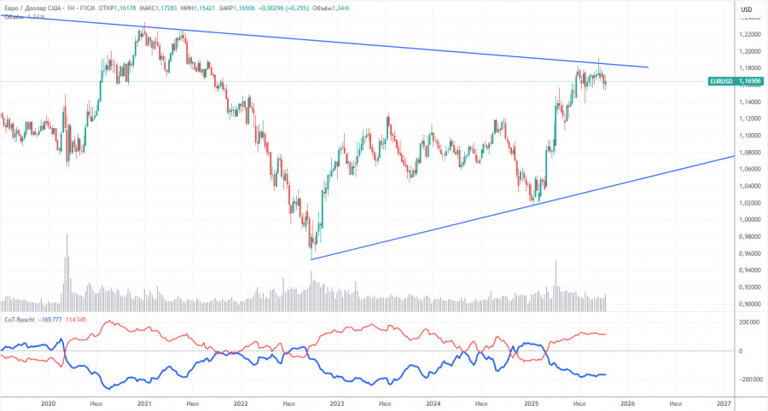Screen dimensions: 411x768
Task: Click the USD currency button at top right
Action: tap(746, 9)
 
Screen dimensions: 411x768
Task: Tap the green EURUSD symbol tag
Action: tap(721, 82)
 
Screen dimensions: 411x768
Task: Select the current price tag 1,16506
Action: tap(750, 82)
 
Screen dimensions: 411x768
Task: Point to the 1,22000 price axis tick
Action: tap(749, 34)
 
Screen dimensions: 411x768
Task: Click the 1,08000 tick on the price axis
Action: tap(749, 153)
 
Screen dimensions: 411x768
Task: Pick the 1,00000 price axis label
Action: tap(749, 220)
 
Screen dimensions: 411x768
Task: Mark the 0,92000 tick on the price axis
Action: tap(749, 287)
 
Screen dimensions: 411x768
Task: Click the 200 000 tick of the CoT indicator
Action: tap(750, 323)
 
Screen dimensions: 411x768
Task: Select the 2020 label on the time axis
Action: tap(48, 402)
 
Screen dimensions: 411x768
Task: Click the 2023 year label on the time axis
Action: tap(337, 402)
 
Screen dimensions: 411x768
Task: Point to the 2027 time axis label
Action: tap(723, 402)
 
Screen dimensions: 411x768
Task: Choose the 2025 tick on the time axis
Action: tap(530, 402)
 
